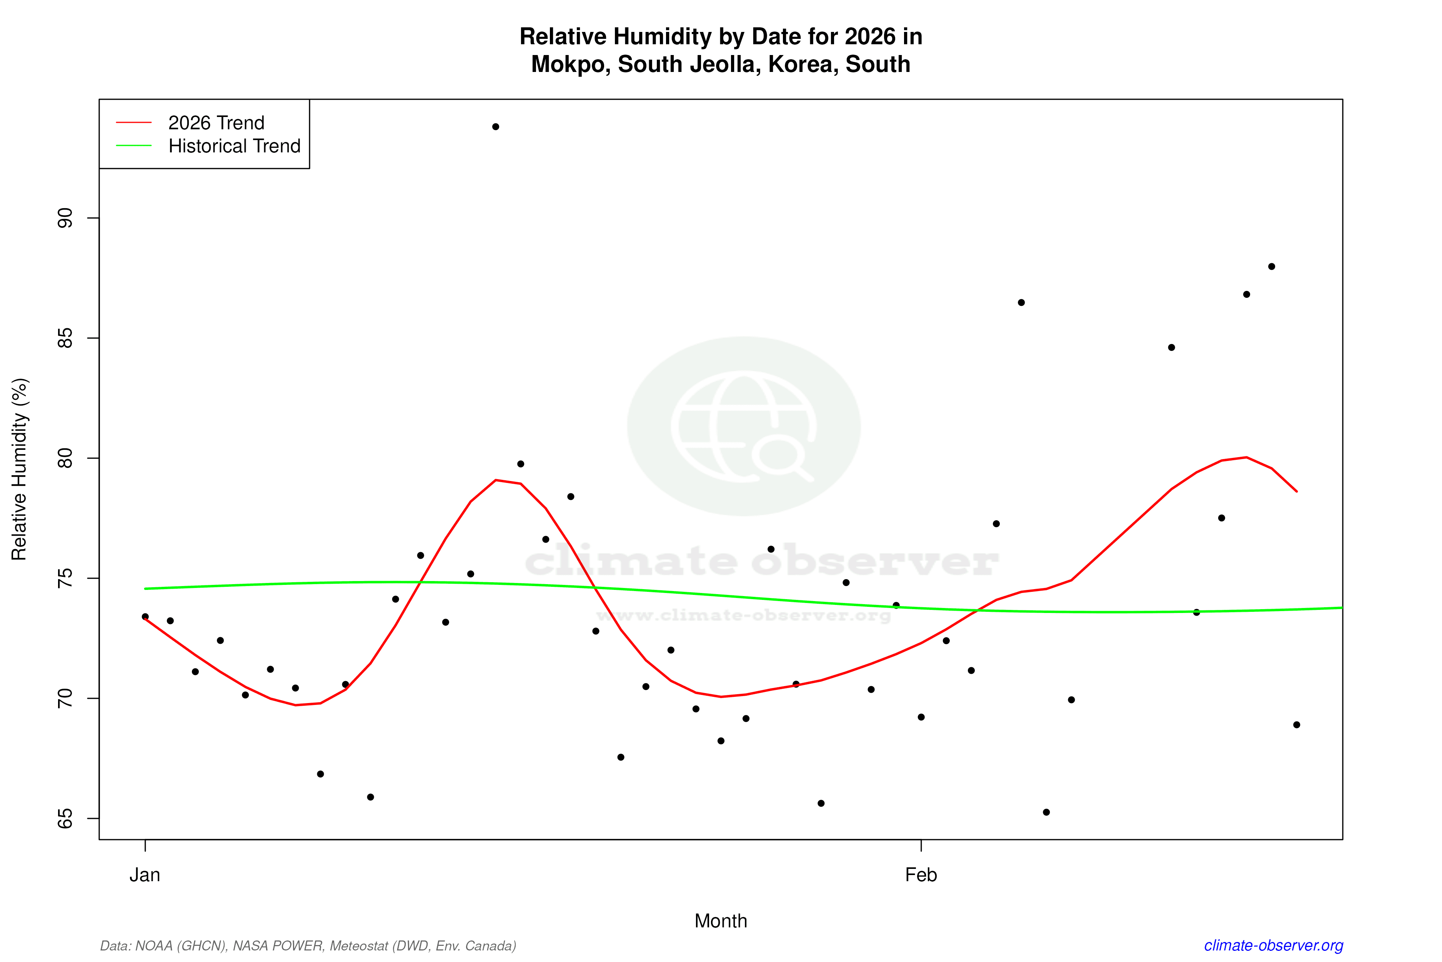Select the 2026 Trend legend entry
(216, 123)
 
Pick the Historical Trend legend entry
(234, 146)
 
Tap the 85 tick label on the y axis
(64, 338)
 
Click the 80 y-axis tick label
(64, 458)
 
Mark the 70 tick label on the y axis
(64, 698)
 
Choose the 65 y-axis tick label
(64, 818)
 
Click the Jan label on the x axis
(145, 875)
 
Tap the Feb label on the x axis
(921, 875)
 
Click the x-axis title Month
(720, 921)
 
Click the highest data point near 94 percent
(495, 127)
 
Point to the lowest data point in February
(1046, 812)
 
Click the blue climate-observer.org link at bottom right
(1274, 945)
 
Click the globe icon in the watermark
(744, 426)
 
